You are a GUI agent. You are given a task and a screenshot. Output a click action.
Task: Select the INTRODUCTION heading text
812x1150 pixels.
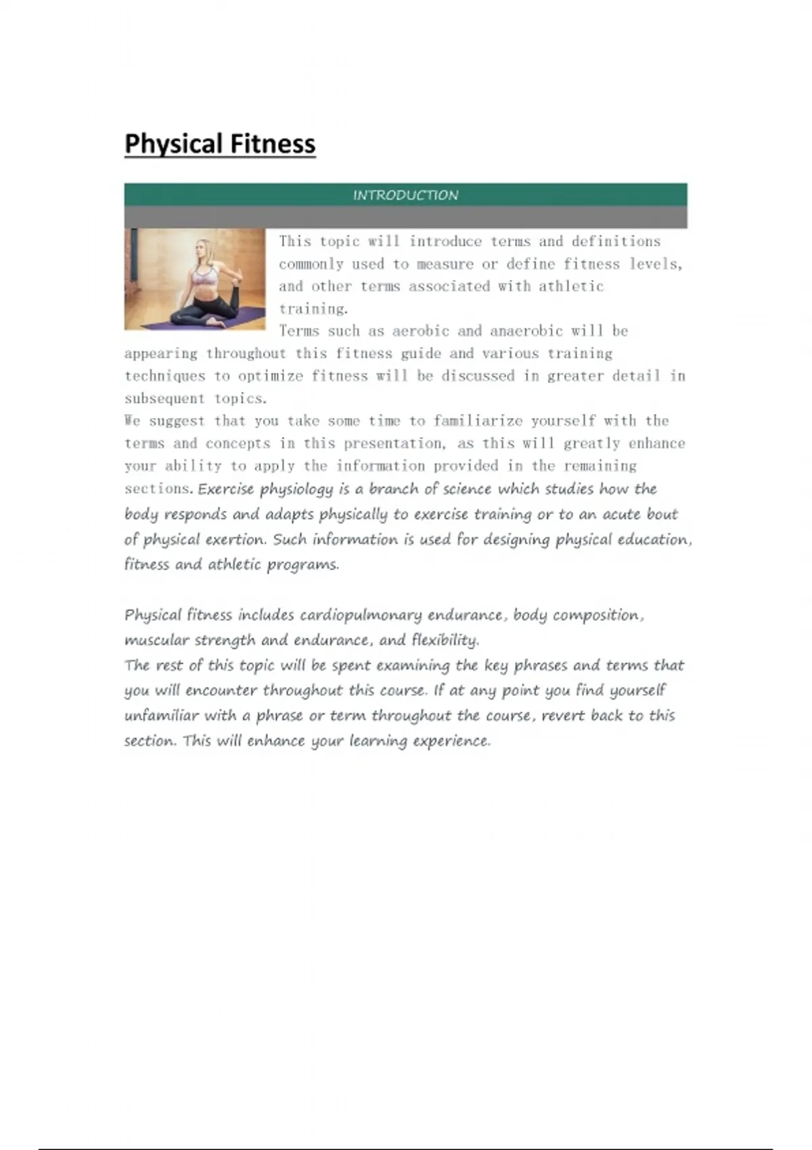(405, 195)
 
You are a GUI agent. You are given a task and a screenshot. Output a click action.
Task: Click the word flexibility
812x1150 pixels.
(445, 640)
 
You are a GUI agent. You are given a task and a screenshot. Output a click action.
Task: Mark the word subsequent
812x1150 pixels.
(164, 398)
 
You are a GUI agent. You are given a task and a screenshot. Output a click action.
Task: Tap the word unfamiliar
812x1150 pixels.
(161, 716)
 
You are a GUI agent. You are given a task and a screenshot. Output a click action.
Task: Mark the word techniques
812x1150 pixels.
(164, 376)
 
